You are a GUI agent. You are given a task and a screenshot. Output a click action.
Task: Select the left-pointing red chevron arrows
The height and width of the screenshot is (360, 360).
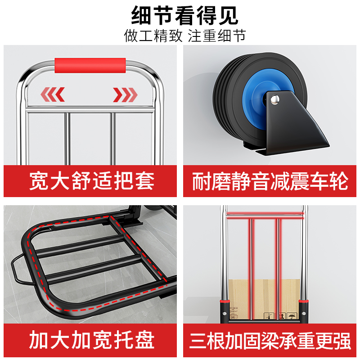(53, 94)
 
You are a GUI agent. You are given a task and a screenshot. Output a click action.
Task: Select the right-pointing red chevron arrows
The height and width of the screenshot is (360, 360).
(125, 94)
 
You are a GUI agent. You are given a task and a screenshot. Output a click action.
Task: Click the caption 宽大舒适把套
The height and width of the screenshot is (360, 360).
(92, 181)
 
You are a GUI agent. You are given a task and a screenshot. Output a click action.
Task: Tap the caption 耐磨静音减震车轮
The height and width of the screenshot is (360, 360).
(270, 181)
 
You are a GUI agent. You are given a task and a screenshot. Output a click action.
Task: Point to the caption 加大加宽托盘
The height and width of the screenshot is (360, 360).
(92, 340)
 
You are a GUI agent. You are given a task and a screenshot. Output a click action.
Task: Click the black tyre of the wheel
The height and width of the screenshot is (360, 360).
(225, 90)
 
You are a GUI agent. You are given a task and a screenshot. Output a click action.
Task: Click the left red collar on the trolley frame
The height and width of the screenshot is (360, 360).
(224, 300)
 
